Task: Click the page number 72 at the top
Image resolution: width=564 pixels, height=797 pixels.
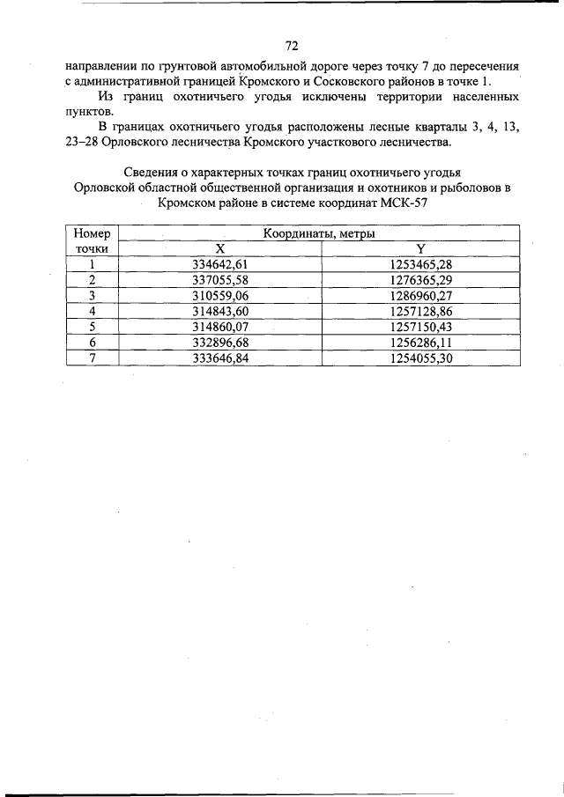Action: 293,45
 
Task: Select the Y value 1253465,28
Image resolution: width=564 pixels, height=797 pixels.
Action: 420,264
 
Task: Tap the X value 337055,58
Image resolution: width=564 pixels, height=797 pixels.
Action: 219,280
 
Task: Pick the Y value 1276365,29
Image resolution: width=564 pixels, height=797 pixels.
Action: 420,280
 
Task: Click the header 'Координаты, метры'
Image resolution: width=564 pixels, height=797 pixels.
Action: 318,234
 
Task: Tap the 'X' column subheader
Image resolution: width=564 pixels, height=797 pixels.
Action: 219,249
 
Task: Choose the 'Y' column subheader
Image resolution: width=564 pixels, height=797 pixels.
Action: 420,249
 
